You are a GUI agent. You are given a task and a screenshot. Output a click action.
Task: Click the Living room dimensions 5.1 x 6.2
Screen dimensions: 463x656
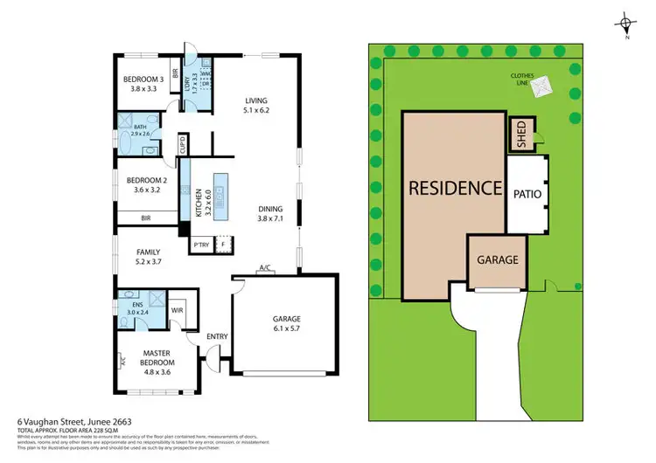tap(258, 111)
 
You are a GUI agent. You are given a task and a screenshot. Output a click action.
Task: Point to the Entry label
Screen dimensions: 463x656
tap(216, 336)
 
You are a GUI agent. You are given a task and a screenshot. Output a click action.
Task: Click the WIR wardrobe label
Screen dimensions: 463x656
tap(176, 310)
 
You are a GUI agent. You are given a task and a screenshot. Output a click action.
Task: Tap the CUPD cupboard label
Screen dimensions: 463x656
tap(182, 144)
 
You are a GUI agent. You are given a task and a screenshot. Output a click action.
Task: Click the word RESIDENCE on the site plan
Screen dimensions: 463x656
tap(455, 188)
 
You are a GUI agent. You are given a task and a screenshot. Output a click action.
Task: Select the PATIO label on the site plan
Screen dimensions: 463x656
tap(527, 194)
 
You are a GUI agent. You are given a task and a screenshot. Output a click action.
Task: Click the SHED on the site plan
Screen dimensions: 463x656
tap(520, 135)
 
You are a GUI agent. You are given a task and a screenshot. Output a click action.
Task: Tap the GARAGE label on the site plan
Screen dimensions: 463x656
tap(497, 259)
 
